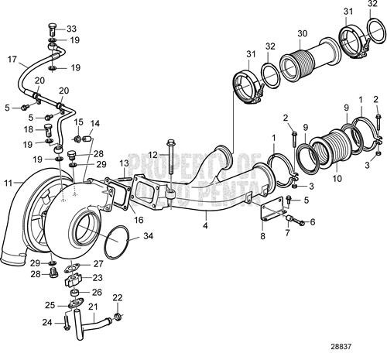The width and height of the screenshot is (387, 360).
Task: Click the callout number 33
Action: [72, 28]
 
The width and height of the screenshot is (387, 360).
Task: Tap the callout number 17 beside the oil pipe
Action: [12, 58]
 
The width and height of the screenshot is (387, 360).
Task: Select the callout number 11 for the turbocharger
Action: [9, 183]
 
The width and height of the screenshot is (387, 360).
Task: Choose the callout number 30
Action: [302, 33]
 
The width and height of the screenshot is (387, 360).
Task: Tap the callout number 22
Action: [118, 297]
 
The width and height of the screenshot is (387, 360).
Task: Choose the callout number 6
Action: [313, 222]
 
